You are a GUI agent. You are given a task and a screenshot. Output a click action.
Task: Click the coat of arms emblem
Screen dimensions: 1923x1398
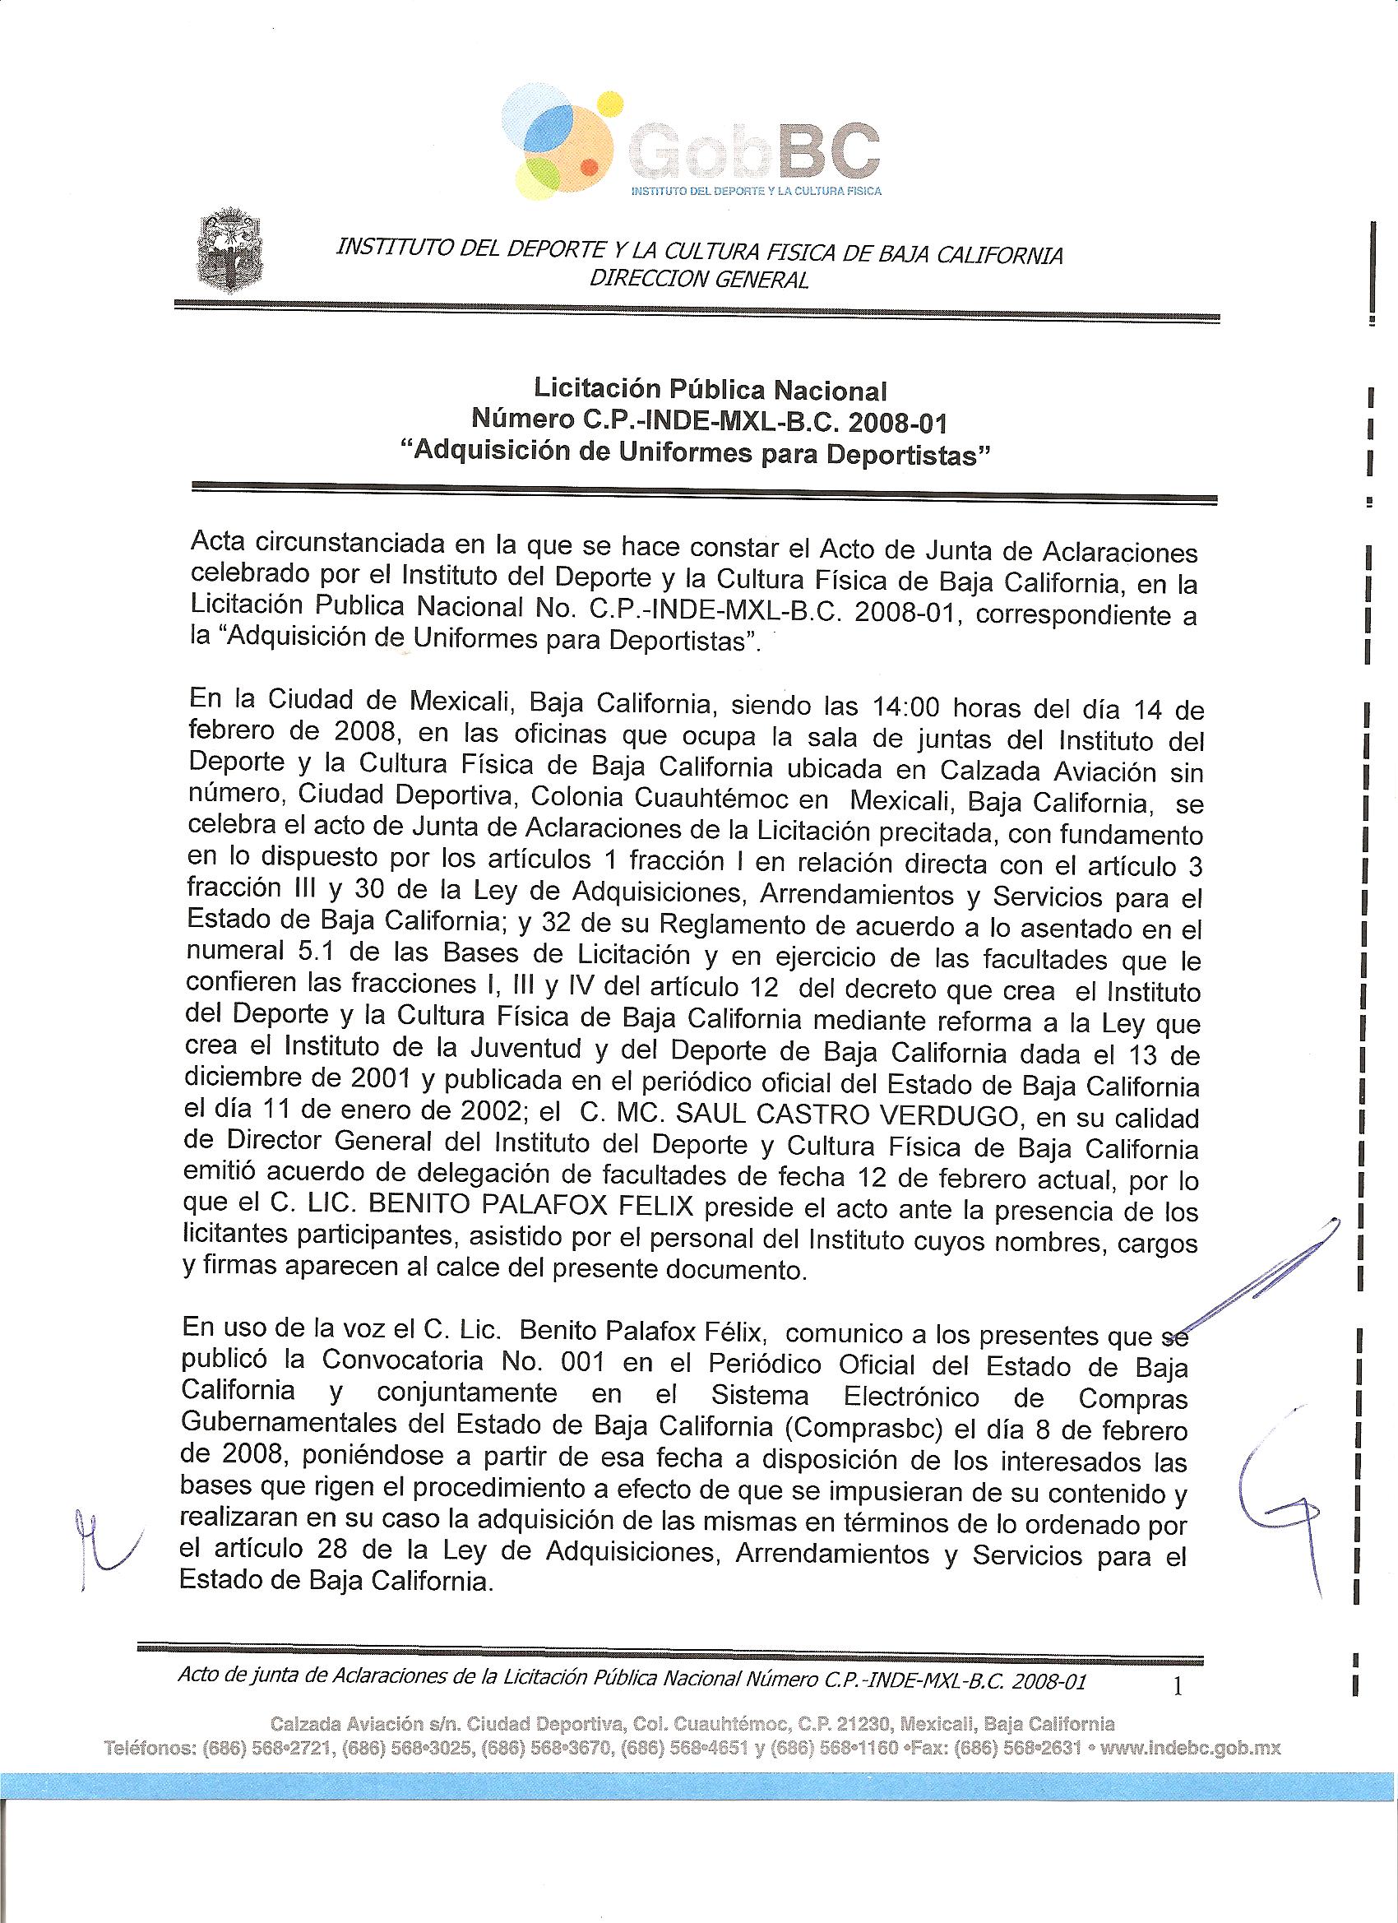(229, 253)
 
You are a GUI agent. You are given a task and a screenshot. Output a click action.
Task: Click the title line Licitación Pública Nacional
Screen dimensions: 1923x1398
(710, 390)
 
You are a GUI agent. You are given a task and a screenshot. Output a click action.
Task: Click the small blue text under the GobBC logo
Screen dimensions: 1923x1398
(757, 191)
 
